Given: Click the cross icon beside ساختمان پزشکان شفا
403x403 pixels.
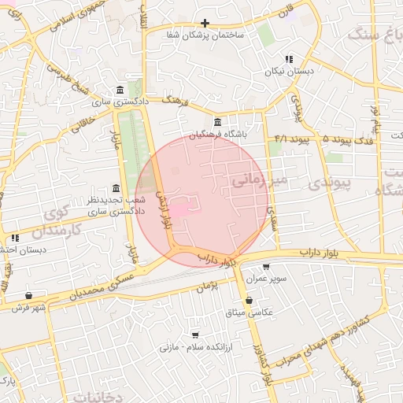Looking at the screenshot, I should point(205,23).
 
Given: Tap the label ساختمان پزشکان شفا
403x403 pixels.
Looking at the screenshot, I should point(205,35).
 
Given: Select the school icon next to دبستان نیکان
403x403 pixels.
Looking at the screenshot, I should point(289,59).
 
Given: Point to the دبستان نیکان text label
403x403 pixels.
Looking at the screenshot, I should point(289,71).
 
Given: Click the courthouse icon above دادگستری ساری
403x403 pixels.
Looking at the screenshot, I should point(119,90).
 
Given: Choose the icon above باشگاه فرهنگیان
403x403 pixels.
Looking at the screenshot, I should point(218,122).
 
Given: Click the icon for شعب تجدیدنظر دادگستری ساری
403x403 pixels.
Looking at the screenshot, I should point(116,188).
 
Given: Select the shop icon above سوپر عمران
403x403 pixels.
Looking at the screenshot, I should point(265,267).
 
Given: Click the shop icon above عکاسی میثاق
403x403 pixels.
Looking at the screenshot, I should point(250,300).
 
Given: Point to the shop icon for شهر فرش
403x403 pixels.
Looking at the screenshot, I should point(29,295).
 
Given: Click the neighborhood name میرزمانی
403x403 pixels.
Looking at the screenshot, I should point(253,181).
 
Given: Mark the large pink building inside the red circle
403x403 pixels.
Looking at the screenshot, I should point(182,209).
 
